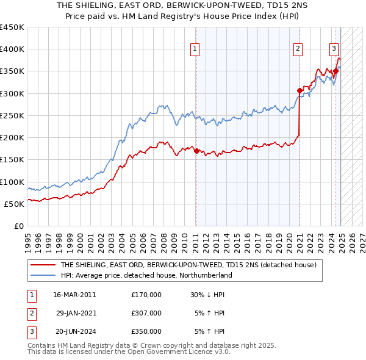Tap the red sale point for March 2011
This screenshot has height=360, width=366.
(196, 151)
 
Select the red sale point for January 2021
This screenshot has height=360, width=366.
(300, 91)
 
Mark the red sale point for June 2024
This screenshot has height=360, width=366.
(335, 71)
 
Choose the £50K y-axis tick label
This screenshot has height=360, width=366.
(14, 204)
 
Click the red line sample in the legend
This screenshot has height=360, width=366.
(43, 265)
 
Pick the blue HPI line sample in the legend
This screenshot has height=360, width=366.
(43, 275)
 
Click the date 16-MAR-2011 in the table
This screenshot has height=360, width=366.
(74, 294)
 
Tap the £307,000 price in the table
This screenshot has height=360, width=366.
(146, 313)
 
